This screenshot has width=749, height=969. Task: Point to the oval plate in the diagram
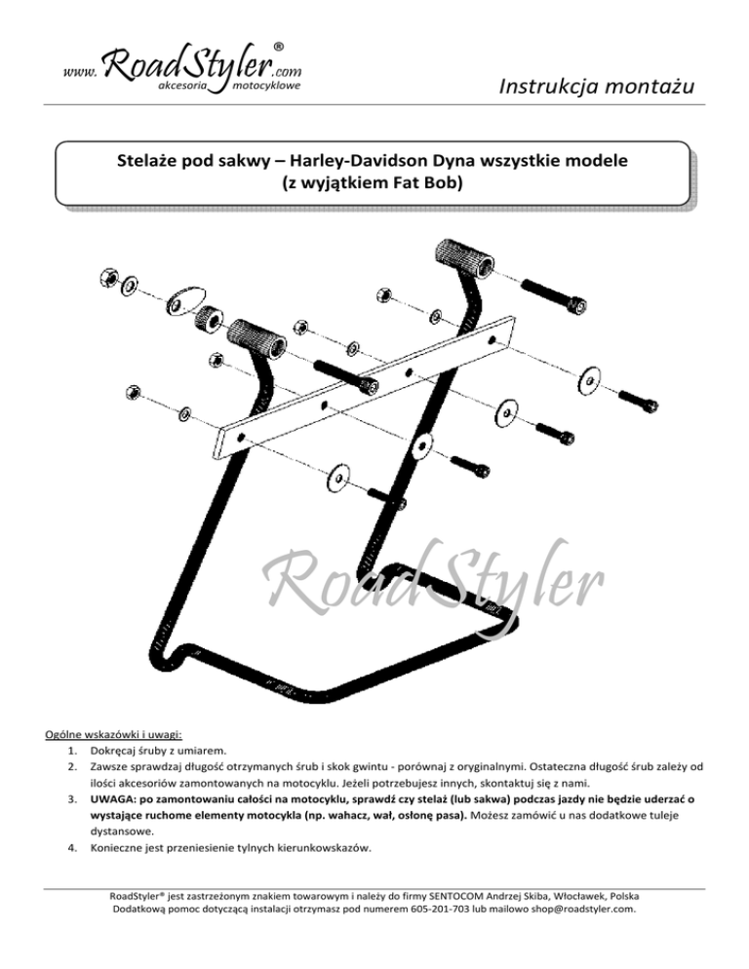(183, 299)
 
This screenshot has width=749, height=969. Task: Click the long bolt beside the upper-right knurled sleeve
(553, 297)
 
